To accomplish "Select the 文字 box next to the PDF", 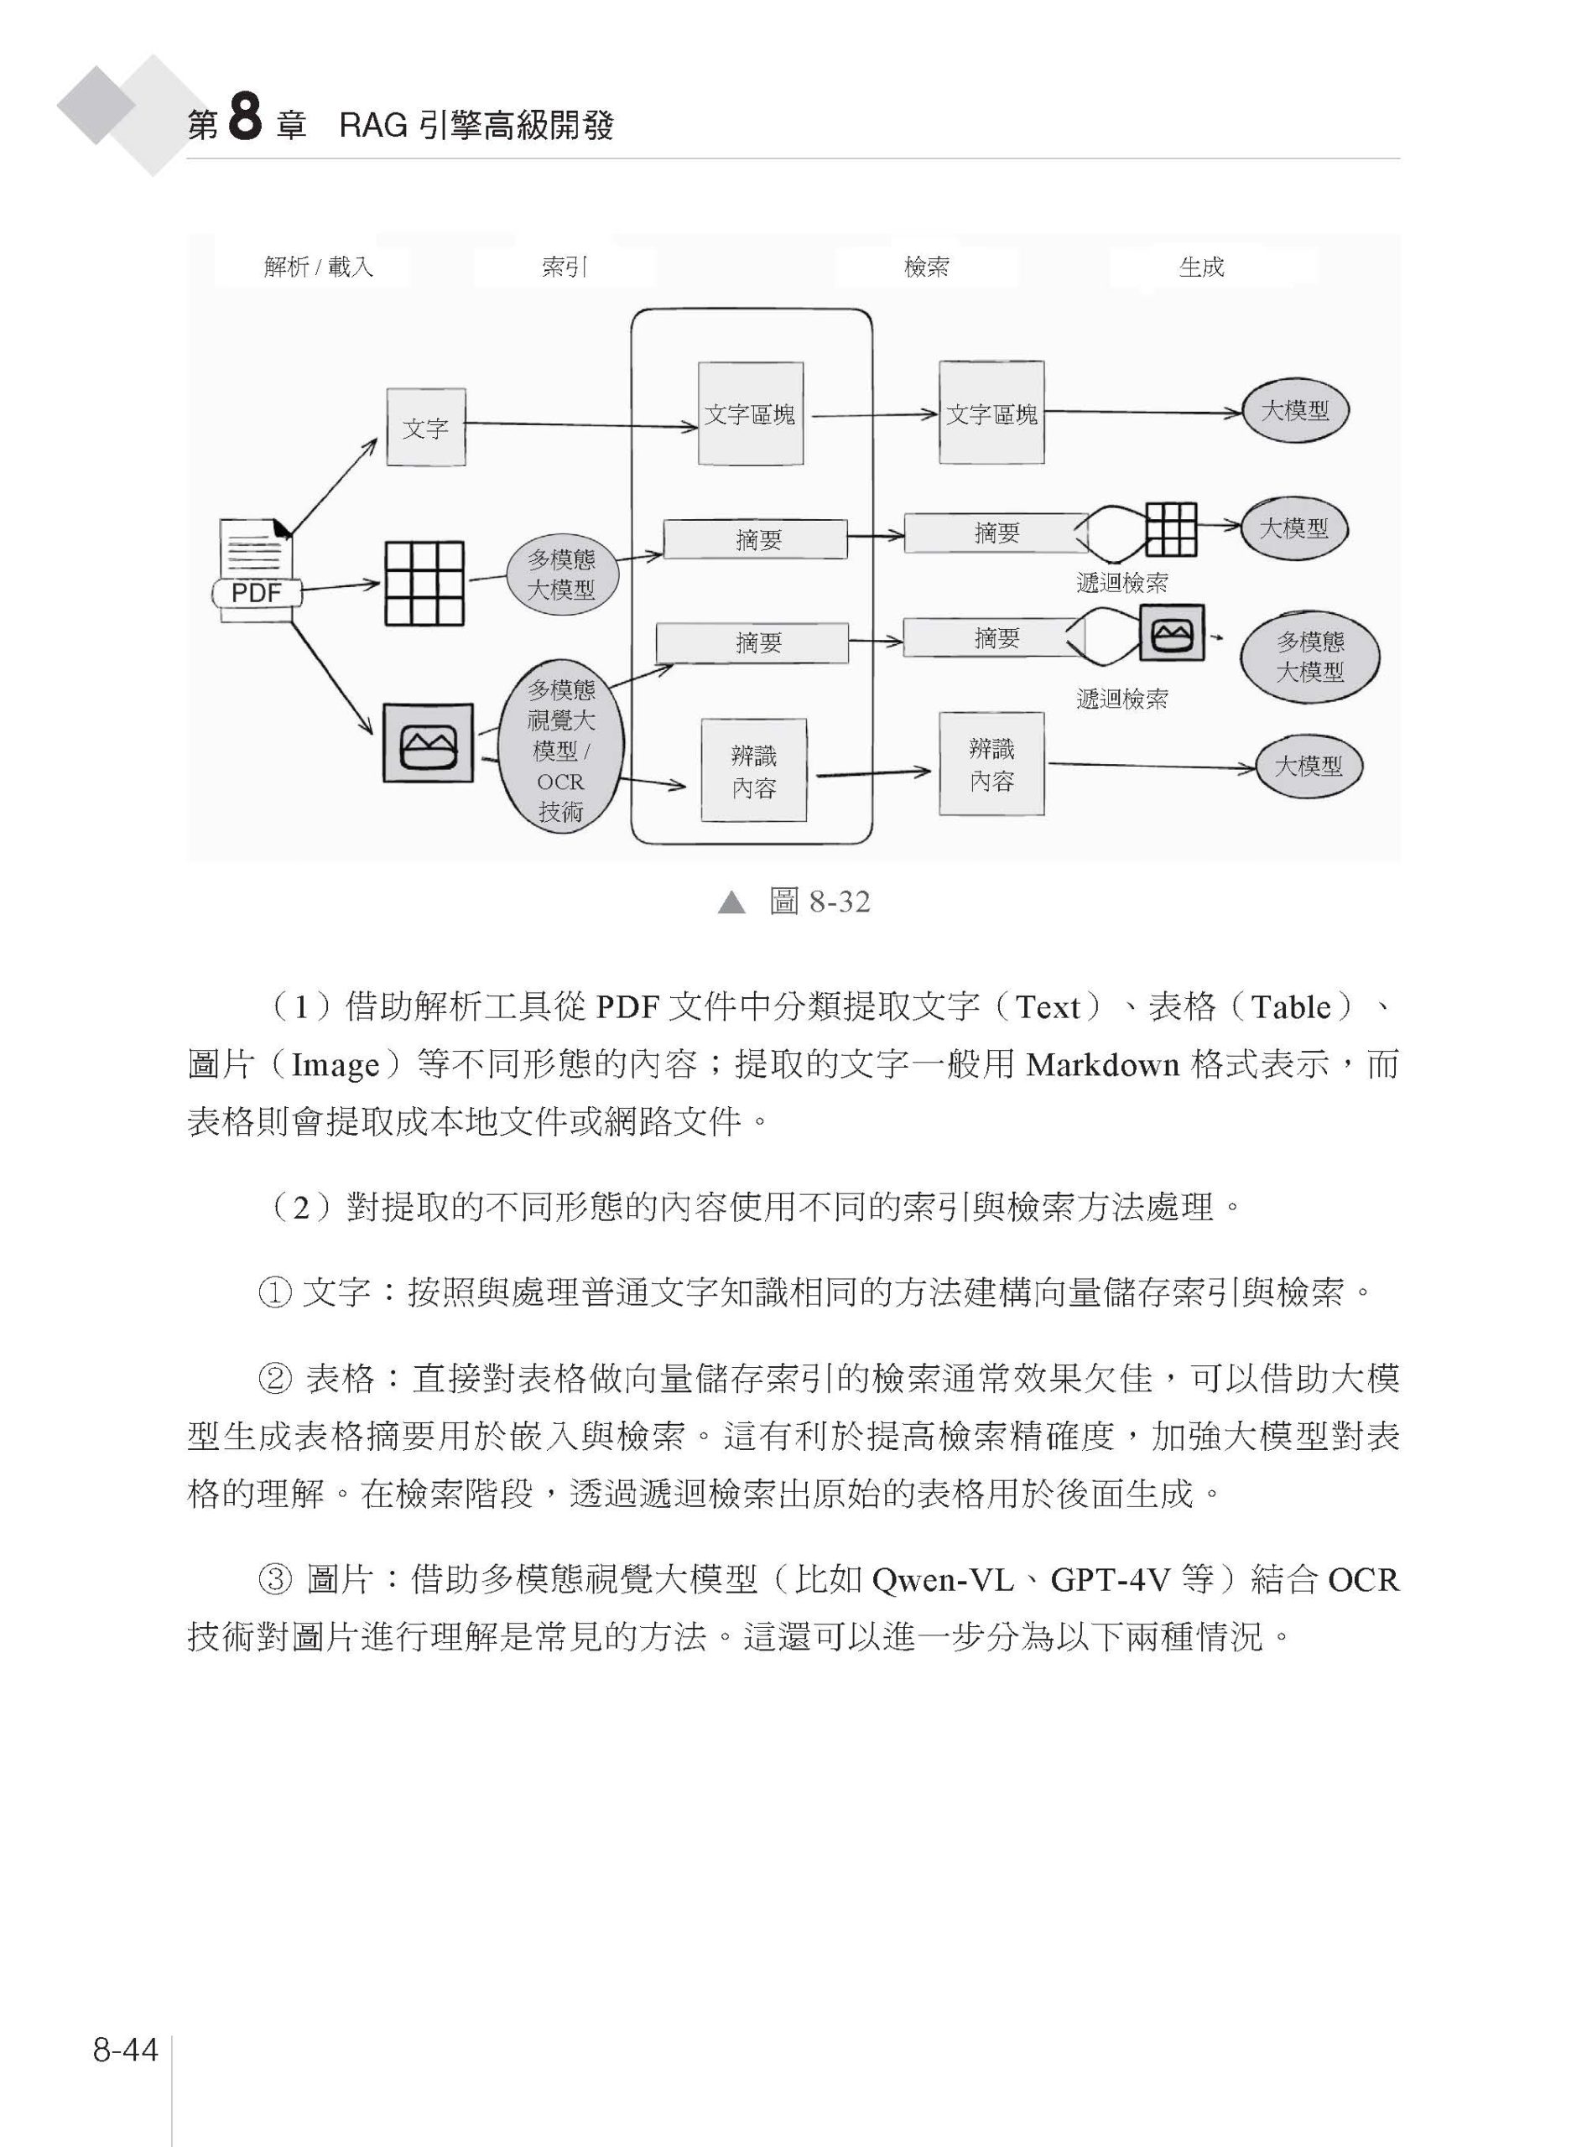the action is (x=425, y=428).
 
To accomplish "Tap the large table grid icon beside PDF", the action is (x=424, y=584).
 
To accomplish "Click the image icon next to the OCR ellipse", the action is (x=428, y=742).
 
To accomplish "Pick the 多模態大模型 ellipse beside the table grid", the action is (x=561, y=574).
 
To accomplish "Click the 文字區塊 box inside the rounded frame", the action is (x=750, y=414).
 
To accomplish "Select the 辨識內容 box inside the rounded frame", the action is (x=753, y=771).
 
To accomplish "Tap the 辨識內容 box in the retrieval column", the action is (x=991, y=764).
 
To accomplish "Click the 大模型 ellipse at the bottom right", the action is (x=1309, y=766).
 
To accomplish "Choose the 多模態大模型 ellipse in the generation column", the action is (x=1310, y=656).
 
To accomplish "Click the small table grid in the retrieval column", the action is (x=1171, y=529).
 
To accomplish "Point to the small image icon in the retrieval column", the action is (x=1172, y=633).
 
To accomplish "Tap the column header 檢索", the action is (x=927, y=267).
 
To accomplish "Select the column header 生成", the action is (x=1202, y=267).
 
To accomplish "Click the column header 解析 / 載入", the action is (x=319, y=267).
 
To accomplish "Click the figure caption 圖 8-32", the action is (x=820, y=901).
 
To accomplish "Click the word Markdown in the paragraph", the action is (x=1103, y=1064).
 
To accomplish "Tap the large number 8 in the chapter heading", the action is (x=245, y=121).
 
